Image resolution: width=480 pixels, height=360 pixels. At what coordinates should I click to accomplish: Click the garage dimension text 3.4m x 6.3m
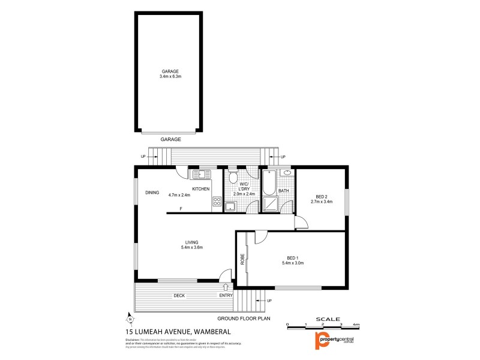[x=170, y=77]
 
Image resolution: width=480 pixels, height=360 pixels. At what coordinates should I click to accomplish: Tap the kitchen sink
[x=200, y=175]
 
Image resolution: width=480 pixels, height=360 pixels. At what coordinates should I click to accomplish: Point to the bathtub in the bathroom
[x=269, y=182]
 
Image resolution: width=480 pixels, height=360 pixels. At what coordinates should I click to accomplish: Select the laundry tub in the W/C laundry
[x=230, y=206]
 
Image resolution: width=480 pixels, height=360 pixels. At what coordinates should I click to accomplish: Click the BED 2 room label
[x=322, y=196]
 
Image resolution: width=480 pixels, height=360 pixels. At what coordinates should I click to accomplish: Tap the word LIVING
[x=191, y=242]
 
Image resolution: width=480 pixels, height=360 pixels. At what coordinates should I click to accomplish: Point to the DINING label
[x=152, y=193]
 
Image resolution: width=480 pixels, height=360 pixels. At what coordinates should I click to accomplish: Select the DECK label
[x=179, y=295]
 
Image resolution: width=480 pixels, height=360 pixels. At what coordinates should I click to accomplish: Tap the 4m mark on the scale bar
[x=356, y=324]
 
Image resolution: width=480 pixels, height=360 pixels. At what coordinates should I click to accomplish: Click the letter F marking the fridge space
[x=181, y=209]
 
